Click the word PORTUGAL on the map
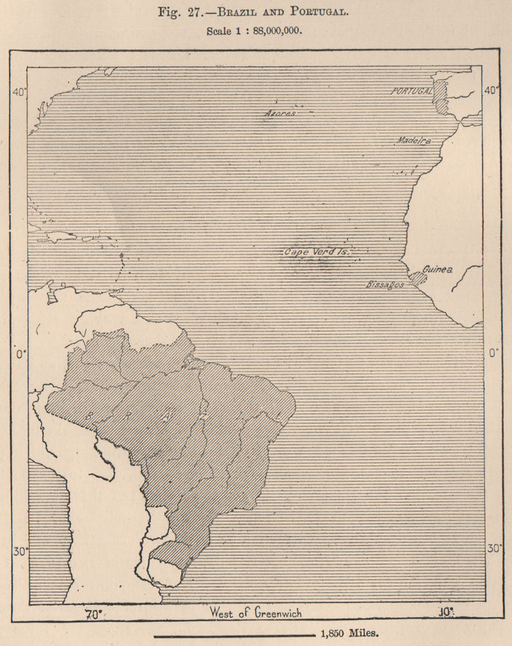(x=411, y=92)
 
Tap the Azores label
(x=280, y=113)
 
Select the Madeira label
(x=414, y=140)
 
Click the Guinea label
(x=438, y=269)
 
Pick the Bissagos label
(x=385, y=284)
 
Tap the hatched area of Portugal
(x=441, y=98)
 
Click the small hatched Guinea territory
(x=418, y=279)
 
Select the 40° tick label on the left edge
(x=18, y=92)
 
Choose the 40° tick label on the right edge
(x=492, y=90)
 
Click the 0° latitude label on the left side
(x=19, y=353)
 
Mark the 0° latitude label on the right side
(x=495, y=353)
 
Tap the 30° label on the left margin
(x=20, y=552)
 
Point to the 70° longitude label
(x=94, y=614)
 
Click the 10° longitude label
(x=445, y=612)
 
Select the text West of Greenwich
(x=255, y=612)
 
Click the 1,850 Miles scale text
(x=349, y=634)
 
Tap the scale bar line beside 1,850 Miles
(x=234, y=634)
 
